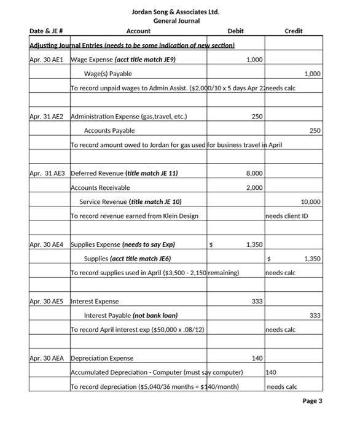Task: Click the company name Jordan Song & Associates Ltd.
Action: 175,12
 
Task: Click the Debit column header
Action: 235,31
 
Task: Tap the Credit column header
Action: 293,31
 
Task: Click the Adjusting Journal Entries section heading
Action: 132,46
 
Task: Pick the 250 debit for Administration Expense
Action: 257,117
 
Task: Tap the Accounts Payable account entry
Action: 109,131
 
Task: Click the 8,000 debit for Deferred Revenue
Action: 254,174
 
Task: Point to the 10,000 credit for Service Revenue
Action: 310,202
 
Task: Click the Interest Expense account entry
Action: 95,302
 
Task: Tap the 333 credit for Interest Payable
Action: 315,316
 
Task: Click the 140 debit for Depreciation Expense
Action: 257,358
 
